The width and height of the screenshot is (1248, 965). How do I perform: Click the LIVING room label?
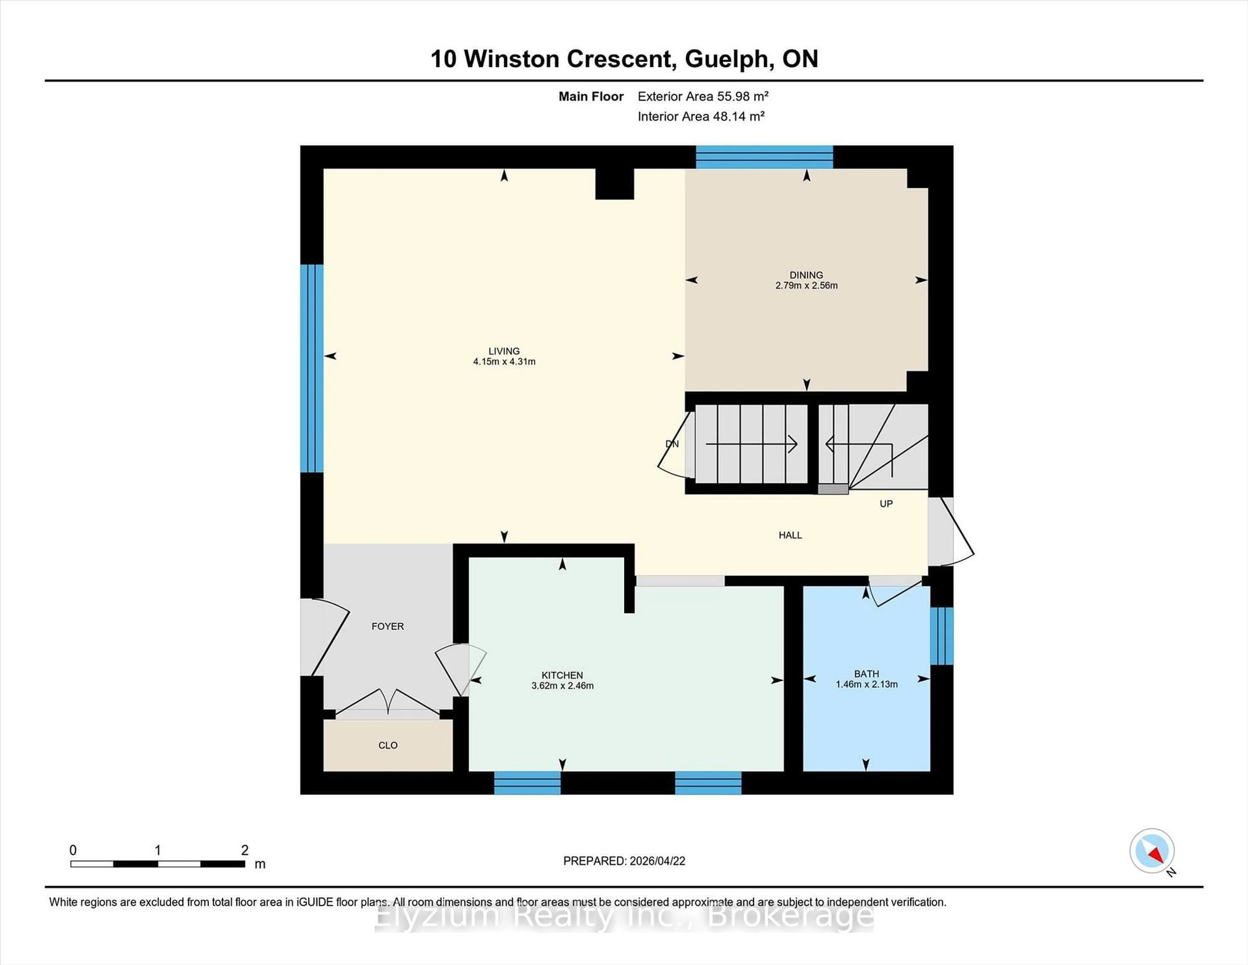pyautogui.click(x=503, y=351)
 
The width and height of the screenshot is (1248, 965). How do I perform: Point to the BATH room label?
pyautogui.click(x=866, y=674)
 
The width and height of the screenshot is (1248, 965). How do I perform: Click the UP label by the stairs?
pyautogui.click(x=886, y=504)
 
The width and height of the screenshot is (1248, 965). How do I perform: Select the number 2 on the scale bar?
pyautogui.click(x=245, y=850)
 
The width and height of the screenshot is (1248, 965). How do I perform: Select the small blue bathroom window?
pyautogui.click(x=941, y=636)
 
